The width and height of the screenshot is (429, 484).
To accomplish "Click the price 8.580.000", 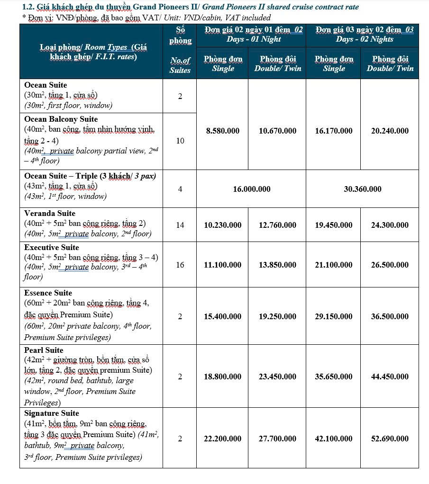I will point(222,131).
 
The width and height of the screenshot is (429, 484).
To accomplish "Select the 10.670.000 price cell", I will point(277,131).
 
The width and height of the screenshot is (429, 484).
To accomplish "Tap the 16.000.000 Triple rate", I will point(251,189).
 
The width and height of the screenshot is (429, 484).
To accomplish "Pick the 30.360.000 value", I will point(362,189).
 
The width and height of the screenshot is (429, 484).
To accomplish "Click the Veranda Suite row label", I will point(50,214).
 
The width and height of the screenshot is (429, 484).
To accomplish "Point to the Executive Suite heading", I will point(52,248).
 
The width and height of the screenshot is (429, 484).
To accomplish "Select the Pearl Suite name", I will point(44,350).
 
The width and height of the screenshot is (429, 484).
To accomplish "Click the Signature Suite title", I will point(52,413).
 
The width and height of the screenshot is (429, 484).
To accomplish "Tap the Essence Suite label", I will point(48,293).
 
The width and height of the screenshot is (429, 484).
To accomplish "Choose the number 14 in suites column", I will point(180,225).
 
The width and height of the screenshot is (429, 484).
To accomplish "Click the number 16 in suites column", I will point(180,265).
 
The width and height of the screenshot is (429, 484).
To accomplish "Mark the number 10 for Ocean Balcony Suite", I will point(180,141).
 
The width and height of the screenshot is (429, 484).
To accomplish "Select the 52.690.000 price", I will point(390,439).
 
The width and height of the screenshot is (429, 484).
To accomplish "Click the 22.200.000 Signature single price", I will point(222,439).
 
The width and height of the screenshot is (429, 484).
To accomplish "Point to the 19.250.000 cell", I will point(277,316).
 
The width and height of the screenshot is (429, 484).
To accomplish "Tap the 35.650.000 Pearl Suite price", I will point(333,376).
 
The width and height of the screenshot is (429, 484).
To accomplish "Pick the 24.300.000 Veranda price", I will point(390,225).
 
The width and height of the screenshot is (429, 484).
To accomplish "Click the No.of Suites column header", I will point(180,65).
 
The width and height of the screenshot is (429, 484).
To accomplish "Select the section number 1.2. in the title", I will point(29,7).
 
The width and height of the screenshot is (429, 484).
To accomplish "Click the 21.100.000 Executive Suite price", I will point(333,265).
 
